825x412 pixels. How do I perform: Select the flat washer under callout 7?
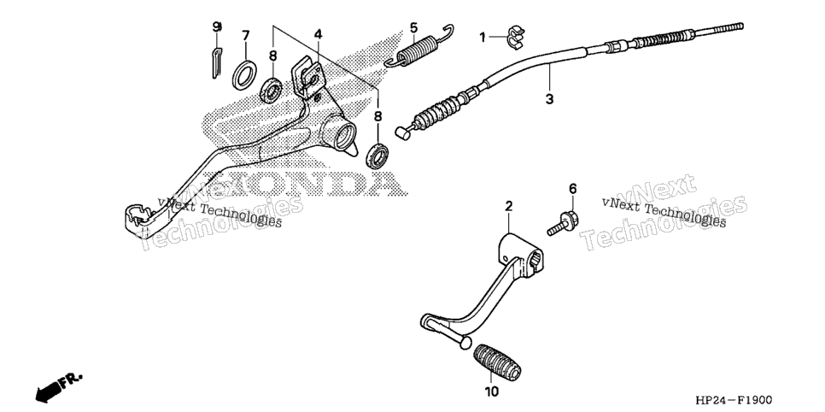(244, 75)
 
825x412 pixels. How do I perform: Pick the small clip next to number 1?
(514, 38)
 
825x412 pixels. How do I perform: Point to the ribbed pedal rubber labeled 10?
(497, 362)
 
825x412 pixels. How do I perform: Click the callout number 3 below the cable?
(549, 98)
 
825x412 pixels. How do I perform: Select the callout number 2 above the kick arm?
(509, 206)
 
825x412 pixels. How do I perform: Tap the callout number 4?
(318, 34)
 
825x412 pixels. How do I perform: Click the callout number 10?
(491, 392)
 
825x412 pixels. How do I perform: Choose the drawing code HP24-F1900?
(734, 400)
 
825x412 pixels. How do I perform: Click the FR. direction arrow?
(58, 387)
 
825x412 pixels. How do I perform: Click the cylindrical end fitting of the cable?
(403, 132)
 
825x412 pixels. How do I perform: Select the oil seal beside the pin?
(271, 91)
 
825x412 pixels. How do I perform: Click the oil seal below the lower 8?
(377, 156)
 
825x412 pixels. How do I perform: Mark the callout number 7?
(245, 36)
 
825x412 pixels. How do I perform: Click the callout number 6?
(572, 189)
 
